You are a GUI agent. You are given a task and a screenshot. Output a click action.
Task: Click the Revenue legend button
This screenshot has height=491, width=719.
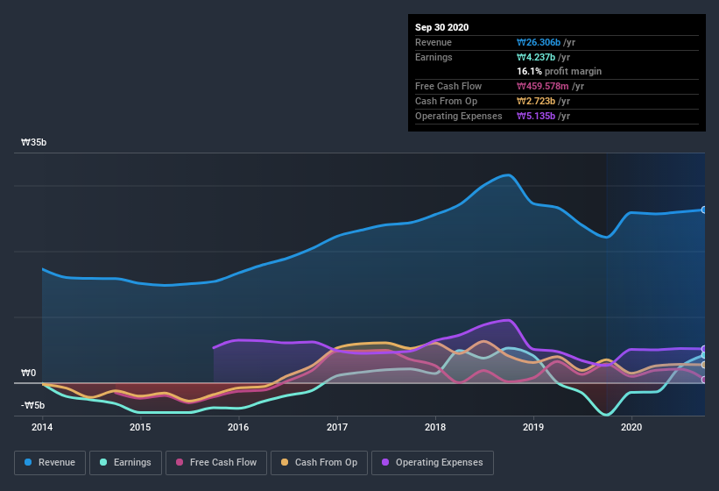50,462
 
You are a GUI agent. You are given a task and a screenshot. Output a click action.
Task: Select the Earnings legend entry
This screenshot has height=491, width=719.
125,462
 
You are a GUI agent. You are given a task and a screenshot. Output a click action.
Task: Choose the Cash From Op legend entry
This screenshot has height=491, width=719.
320,462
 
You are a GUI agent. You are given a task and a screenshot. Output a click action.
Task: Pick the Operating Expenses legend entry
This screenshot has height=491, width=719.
432,462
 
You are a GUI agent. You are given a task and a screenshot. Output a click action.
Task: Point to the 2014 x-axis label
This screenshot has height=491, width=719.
42,427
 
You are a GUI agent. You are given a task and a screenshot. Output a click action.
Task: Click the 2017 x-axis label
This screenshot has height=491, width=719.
337,427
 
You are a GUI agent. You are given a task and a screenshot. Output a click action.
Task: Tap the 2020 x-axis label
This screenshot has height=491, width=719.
631,427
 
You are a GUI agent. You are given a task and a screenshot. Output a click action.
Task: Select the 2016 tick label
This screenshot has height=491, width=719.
238,427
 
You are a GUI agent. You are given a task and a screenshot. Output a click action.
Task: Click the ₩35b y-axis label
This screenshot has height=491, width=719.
34,142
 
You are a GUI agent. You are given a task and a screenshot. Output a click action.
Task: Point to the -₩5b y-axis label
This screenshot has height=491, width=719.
34,405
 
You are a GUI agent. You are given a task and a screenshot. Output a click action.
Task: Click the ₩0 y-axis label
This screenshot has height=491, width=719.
29,373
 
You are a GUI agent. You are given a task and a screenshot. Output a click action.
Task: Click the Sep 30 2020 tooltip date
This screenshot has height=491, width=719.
442,27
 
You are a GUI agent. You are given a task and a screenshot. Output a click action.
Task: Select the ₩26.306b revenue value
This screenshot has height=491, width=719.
543,42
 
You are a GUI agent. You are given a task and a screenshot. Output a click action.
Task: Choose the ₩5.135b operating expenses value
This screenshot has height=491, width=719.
543,116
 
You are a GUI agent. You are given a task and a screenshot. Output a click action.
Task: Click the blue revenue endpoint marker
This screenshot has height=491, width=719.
704,210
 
